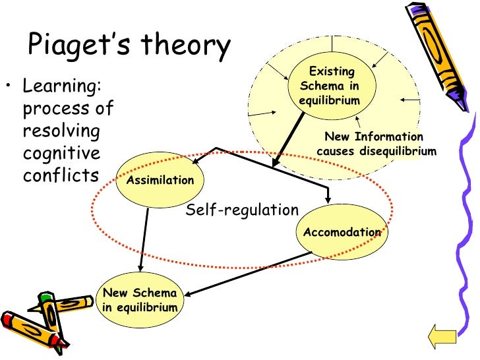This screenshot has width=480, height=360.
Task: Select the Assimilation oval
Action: tap(160, 180)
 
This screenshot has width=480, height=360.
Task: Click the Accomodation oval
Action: tap(342, 232)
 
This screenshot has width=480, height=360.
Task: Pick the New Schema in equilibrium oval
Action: tap(139, 301)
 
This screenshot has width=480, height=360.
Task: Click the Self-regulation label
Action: tap(242, 210)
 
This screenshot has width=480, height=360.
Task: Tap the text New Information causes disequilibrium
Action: tap(376, 144)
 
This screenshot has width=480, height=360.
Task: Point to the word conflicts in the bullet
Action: tap(60, 175)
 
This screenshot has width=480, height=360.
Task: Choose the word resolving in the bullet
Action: tap(61, 131)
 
